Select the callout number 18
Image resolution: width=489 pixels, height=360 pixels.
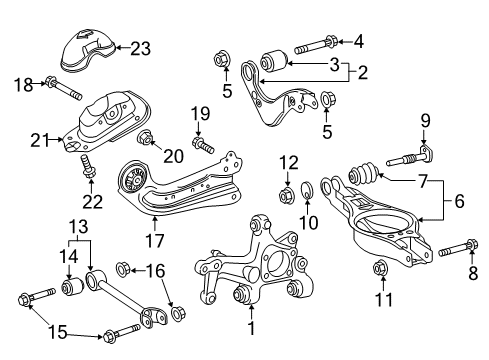pos(22,86)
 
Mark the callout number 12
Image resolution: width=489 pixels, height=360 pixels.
pos(288,163)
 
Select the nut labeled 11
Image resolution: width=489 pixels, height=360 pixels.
pos(381,268)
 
